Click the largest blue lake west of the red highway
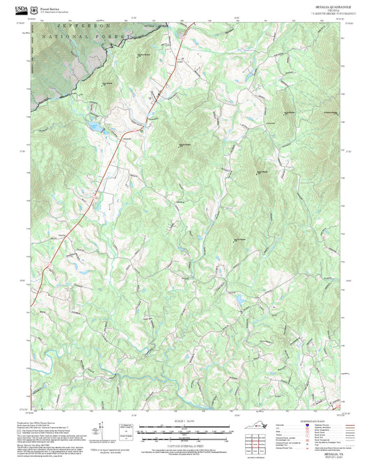coord(93,127)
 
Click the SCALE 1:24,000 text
coord(185,421)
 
